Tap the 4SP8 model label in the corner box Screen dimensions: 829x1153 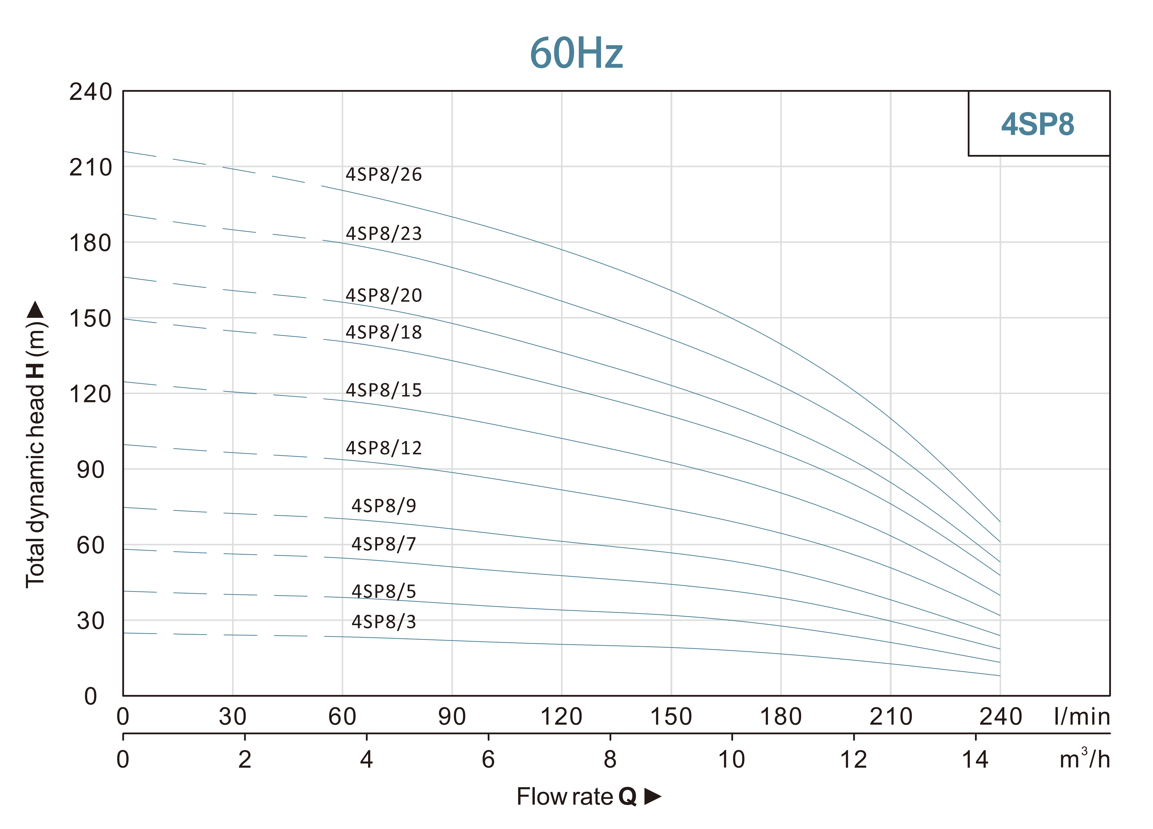(x=1038, y=124)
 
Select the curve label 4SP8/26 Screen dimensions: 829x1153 (x=384, y=174)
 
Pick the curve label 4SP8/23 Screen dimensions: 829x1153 (x=384, y=234)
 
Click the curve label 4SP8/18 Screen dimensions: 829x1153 (x=384, y=332)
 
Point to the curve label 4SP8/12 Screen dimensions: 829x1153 (x=384, y=448)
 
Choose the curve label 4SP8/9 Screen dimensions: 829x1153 (x=384, y=505)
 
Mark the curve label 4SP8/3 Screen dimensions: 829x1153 (x=384, y=622)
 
